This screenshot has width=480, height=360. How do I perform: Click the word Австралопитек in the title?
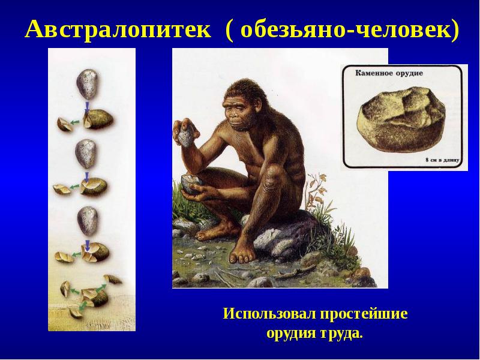[118, 28]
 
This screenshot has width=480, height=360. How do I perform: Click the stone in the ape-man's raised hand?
[187, 136]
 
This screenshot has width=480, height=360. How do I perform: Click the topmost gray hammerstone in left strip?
[88, 83]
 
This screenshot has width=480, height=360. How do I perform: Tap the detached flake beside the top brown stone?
[62, 124]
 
